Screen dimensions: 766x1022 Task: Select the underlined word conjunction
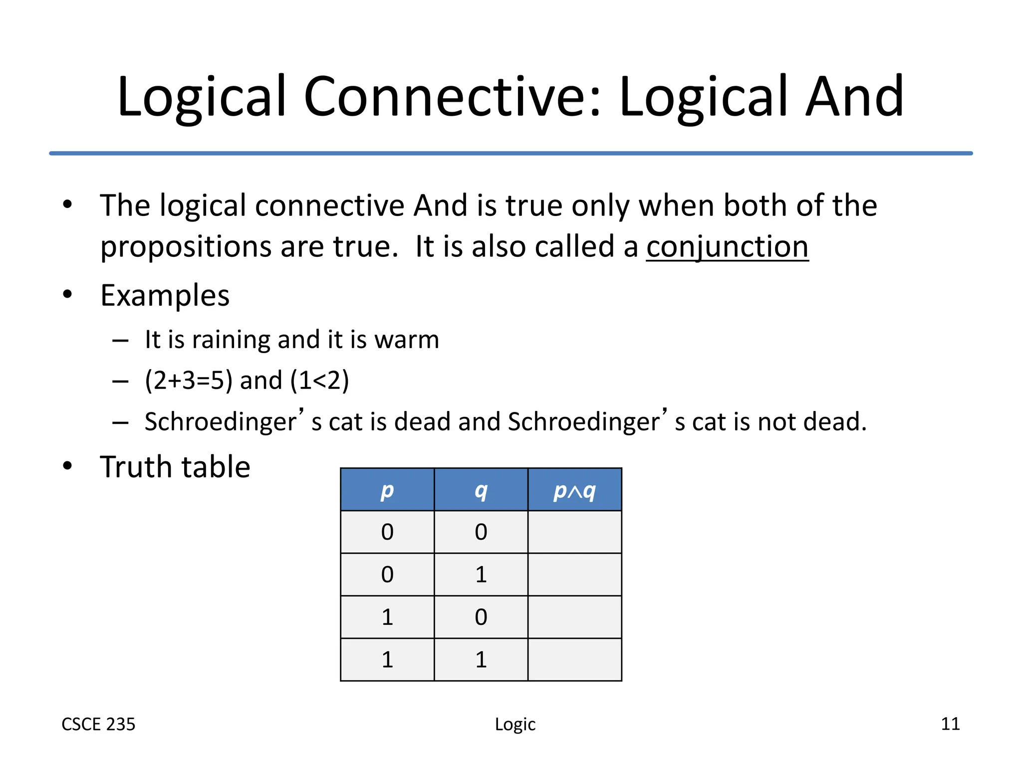pyautogui.click(x=727, y=247)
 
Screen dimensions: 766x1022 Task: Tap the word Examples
pyautogui.click(x=165, y=296)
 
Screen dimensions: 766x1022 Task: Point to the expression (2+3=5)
pyautogui.click(x=189, y=381)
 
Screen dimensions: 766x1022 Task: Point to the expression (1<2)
pyautogui.click(x=319, y=381)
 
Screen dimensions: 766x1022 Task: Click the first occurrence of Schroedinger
pyautogui.click(x=221, y=422)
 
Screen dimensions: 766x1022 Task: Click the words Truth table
pyautogui.click(x=175, y=467)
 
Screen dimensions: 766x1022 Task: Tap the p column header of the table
pyautogui.click(x=387, y=490)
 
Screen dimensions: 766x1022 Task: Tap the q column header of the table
pyautogui.click(x=481, y=490)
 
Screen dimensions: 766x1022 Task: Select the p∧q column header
pyautogui.click(x=574, y=490)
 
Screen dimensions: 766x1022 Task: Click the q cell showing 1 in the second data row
pyautogui.click(x=481, y=574)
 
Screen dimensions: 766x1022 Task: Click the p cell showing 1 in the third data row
pyautogui.click(x=387, y=617)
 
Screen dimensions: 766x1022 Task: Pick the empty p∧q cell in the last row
pyautogui.click(x=574, y=660)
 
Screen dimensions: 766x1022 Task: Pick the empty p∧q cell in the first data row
pyautogui.click(x=574, y=532)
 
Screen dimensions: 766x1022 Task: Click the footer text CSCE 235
pyautogui.click(x=98, y=724)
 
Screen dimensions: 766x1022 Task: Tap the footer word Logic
pyautogui.click(x=515, y=724)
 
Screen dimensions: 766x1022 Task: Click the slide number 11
pyautogui.click(x=950, y=724)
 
